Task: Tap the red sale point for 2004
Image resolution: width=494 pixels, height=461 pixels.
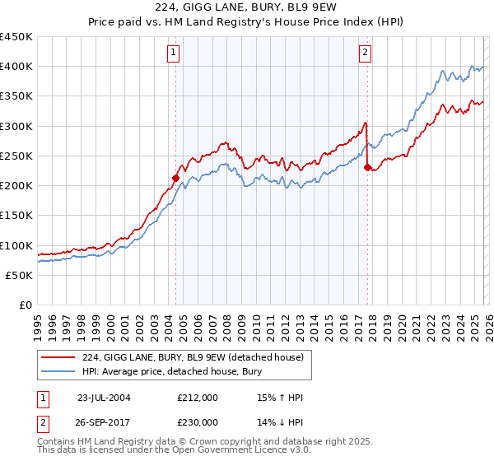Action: click(x=175, y=177)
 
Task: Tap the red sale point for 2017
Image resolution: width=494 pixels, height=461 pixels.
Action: click(x=367, y=167)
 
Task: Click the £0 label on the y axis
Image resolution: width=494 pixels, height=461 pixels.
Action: click(x=26, y=305)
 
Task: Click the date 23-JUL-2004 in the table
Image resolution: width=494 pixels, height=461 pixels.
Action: click(x=104, y=398)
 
